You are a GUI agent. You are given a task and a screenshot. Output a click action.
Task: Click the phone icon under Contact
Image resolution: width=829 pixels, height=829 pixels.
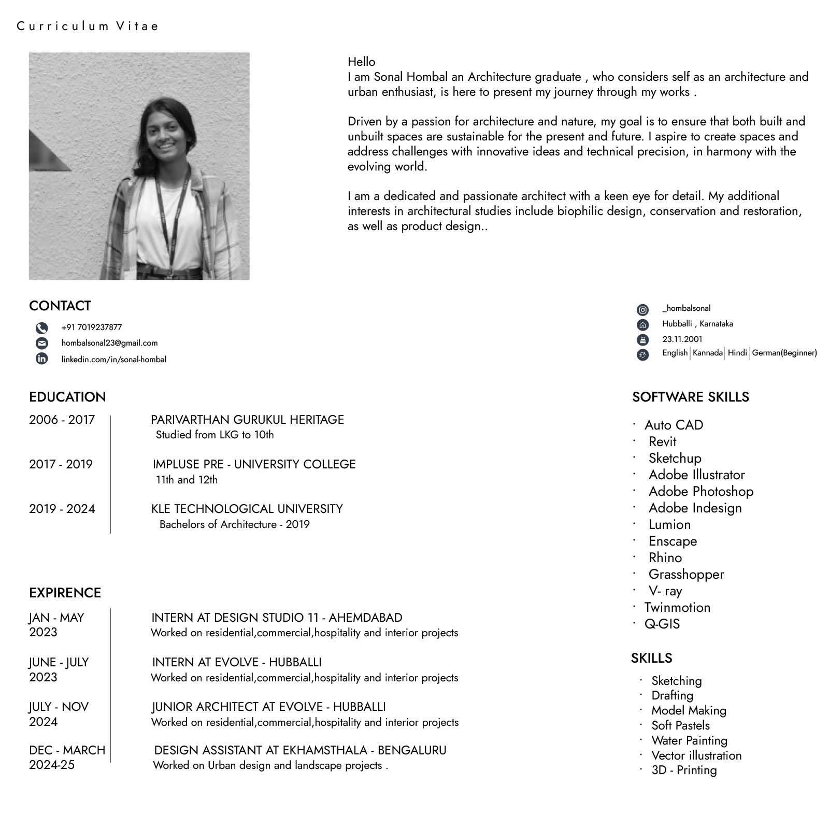41,328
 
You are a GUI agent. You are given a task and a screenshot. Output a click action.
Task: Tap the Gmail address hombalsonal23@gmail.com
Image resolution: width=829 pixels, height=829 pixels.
109,343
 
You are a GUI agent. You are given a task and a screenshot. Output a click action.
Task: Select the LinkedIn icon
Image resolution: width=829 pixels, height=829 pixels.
41,359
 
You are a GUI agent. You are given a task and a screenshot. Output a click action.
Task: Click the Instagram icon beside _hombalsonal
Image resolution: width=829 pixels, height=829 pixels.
642,310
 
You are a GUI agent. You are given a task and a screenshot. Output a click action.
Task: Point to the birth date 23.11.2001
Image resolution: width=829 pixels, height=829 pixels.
682,339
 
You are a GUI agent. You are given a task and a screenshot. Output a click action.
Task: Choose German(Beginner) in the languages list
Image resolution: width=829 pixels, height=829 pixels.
784,353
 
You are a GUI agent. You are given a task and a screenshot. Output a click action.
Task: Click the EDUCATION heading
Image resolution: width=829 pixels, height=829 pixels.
67,397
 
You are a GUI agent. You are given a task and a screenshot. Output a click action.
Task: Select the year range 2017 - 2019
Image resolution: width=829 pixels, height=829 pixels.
61,464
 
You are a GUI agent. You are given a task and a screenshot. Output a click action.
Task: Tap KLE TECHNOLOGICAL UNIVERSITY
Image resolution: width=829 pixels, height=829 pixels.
247,509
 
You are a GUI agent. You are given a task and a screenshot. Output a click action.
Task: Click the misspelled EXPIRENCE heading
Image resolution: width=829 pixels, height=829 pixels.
65,593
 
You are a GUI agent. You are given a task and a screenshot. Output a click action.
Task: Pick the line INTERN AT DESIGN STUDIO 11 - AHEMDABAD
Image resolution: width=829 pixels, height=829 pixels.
276,618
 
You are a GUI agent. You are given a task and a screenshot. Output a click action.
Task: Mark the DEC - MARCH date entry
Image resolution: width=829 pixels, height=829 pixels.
67,750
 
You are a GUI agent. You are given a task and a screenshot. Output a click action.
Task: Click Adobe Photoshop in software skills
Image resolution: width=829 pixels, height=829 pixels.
701,491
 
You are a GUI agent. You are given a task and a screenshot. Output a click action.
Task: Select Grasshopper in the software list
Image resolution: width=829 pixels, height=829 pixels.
686,574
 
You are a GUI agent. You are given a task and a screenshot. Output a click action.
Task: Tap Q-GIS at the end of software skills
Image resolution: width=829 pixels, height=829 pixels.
662,624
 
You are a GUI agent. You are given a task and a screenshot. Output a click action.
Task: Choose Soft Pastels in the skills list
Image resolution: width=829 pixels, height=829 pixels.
680,725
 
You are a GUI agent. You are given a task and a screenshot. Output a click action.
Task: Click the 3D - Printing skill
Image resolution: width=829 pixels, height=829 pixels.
684,770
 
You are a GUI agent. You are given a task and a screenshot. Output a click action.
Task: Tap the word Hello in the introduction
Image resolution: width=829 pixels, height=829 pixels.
361,62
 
